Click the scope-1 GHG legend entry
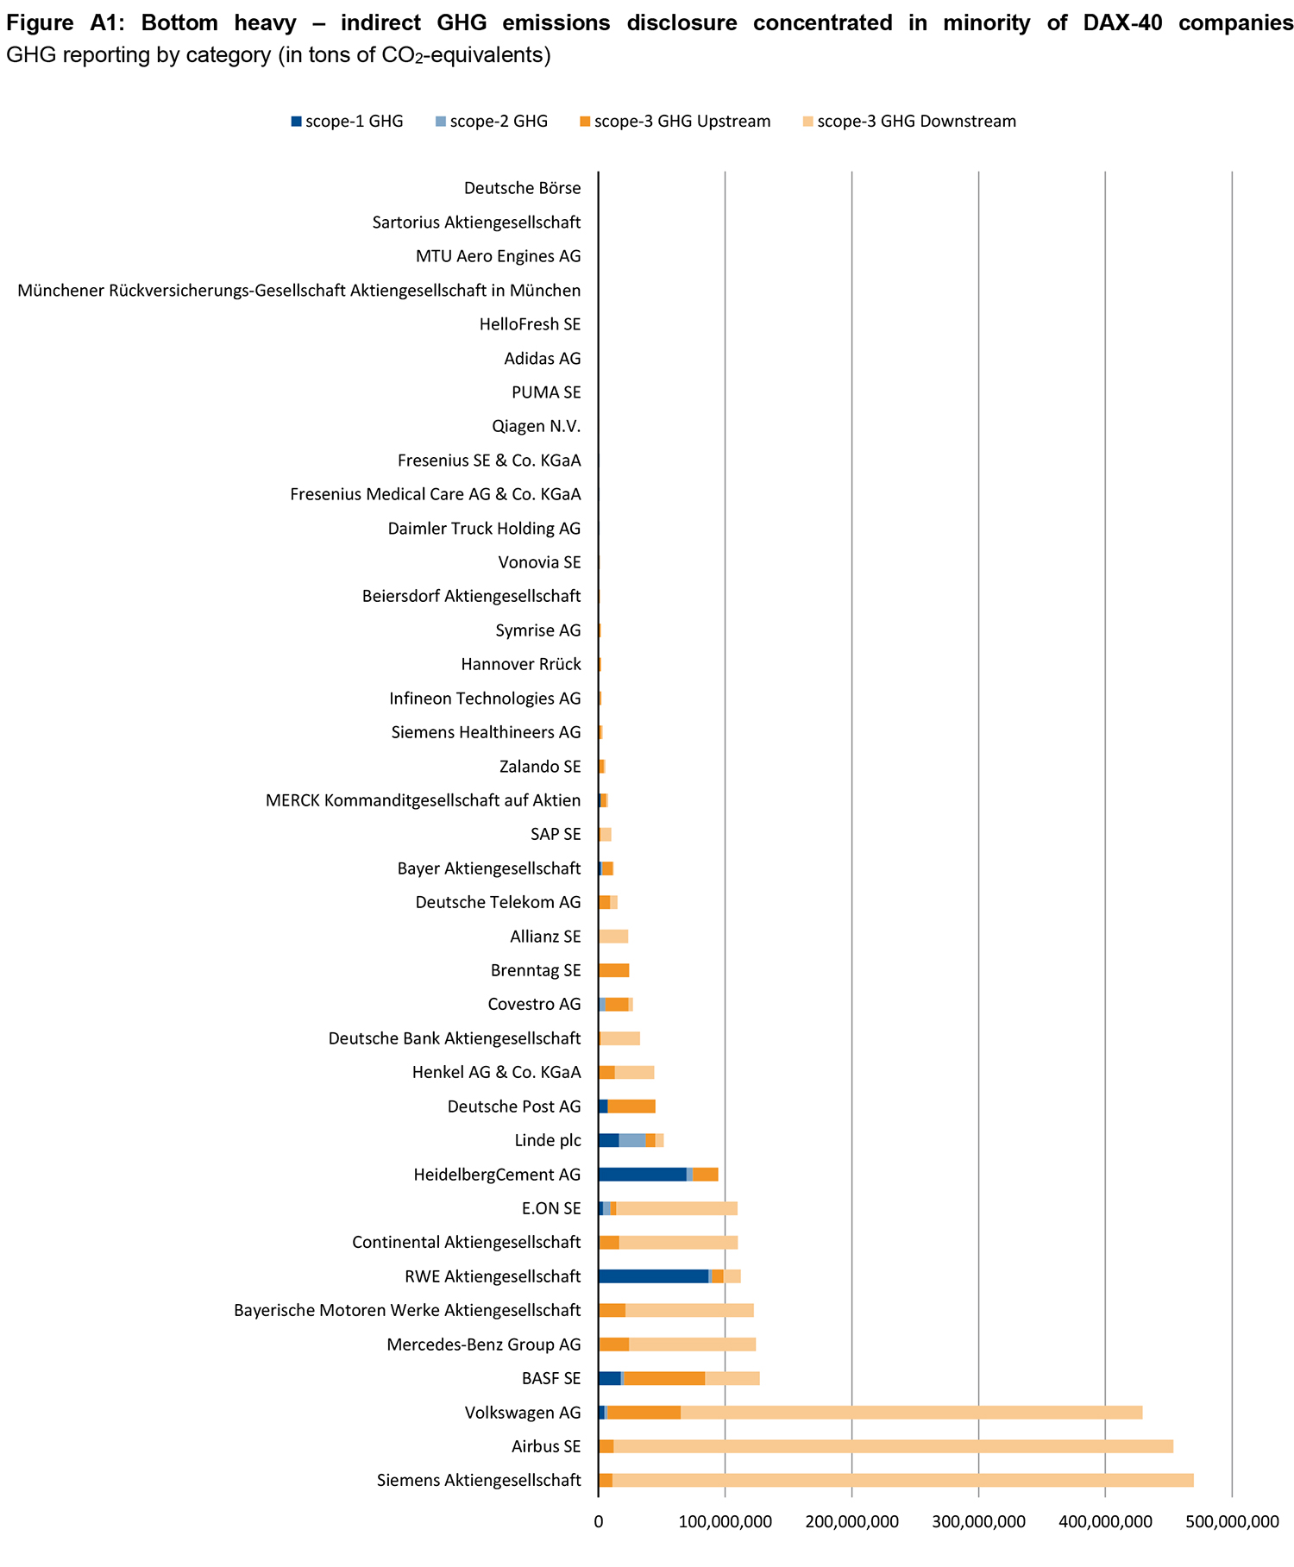[x=347, y=122]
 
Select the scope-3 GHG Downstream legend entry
[x=909, y=122]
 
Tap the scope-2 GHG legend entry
[x=491, y=122]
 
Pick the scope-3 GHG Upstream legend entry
[x=675, y=122]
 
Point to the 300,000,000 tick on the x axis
[x=978, y=1523]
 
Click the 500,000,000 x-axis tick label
[x=1232, y=1523]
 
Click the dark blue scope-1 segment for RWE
[x=653, y=1276]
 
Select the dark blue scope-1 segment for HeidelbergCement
[x=642, y=1175]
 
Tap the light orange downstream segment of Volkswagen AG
[x=911, y=1413]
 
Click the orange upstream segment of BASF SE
[x=664, y=1379]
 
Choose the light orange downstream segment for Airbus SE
[x=893, y=1446]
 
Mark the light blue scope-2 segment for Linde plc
[x=632, y=1141]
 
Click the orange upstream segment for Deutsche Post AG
[x=631, y=1106]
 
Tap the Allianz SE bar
[x=613, y=937]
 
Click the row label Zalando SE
[x=540, y=767]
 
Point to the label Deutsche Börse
[x=522, y=188]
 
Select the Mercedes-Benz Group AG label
[x=483, y=1344]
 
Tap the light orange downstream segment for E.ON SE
[x=676, y=1208]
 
